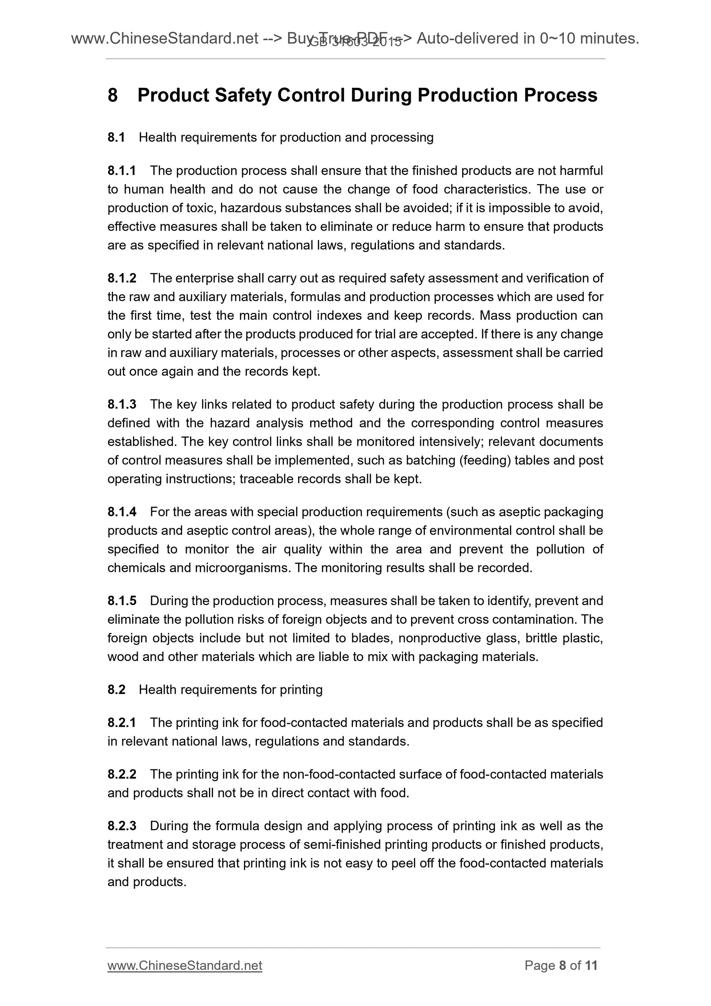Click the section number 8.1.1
(122, 170)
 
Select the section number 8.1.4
(122, 512)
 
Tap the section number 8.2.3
(122, 826)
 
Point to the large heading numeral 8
(113, 95)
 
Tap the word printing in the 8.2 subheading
(301, 690)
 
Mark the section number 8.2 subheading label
(116, 690)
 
